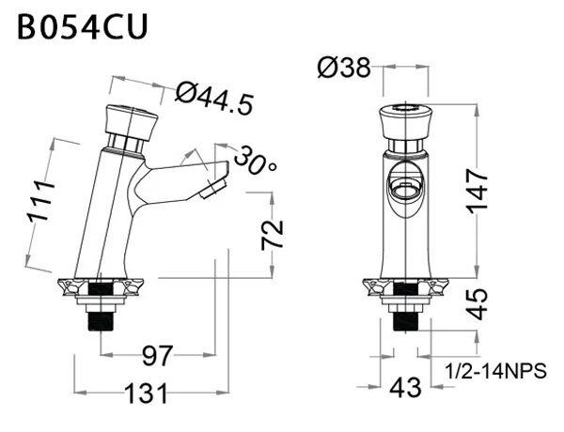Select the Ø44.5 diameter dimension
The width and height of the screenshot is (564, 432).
pos(214,98)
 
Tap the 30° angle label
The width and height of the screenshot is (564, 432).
pos(255,159)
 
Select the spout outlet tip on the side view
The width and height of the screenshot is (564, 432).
pos(214,184)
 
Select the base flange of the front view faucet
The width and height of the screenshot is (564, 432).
pos(406,286)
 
